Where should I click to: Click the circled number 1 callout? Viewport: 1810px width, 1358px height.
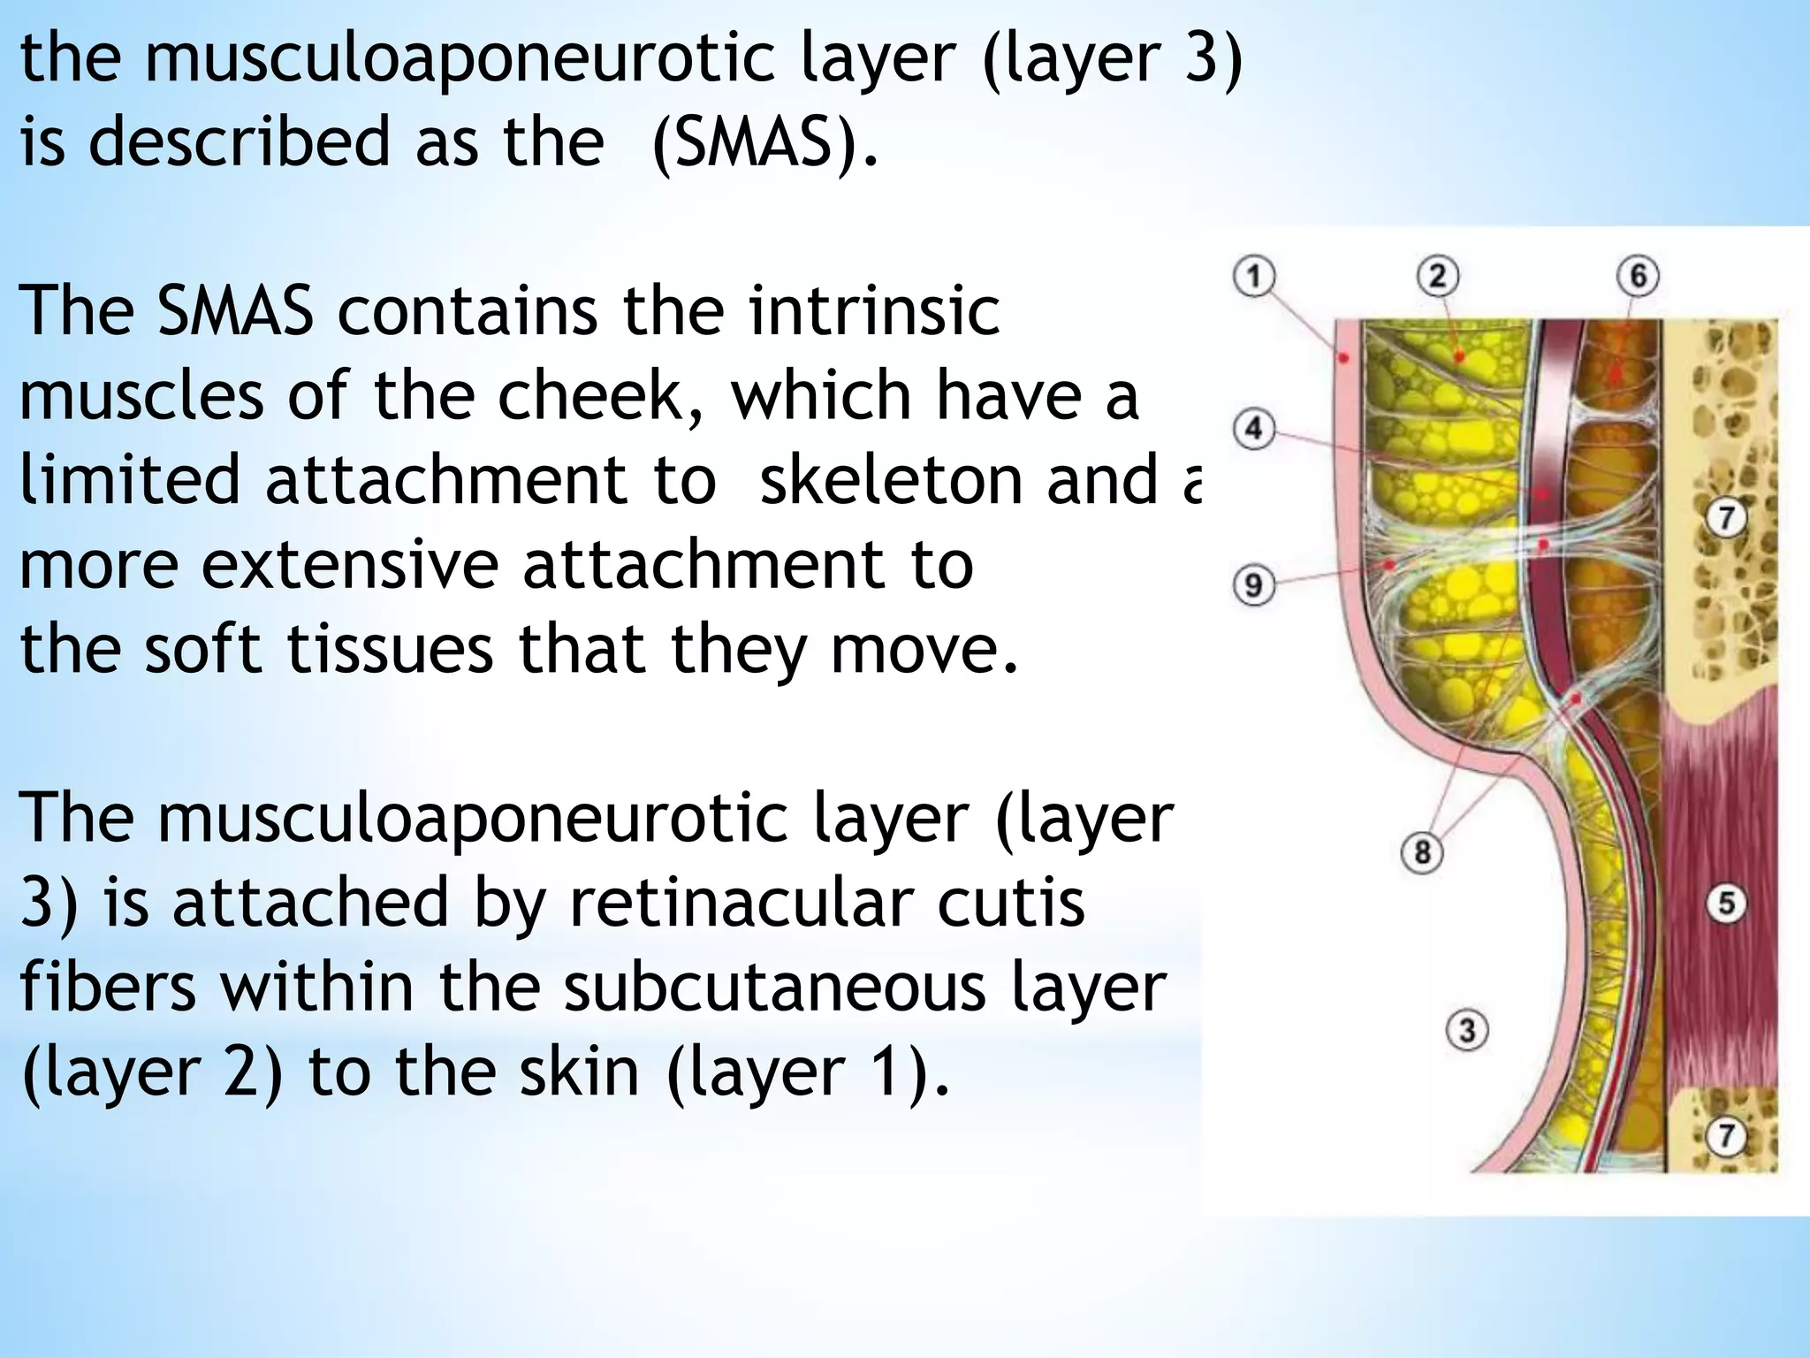point(1254,276)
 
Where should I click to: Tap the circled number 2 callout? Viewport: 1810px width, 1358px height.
point(1437,276)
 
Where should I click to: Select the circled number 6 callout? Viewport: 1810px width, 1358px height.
point(1638,276)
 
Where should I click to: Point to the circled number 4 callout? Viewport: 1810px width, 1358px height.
point(1253,431)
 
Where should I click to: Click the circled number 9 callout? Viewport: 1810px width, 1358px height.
point(1253,585)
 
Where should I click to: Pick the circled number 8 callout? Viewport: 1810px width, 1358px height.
point(1422,852)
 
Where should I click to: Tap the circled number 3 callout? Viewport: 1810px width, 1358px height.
point(1467,1030)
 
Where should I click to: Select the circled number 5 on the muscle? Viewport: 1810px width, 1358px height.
point(1726,904)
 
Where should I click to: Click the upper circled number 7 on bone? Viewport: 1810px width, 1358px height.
point(1726,517)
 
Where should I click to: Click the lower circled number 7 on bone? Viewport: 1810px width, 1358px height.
point(1726,1135)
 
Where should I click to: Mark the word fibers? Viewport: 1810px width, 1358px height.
point(108,988)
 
